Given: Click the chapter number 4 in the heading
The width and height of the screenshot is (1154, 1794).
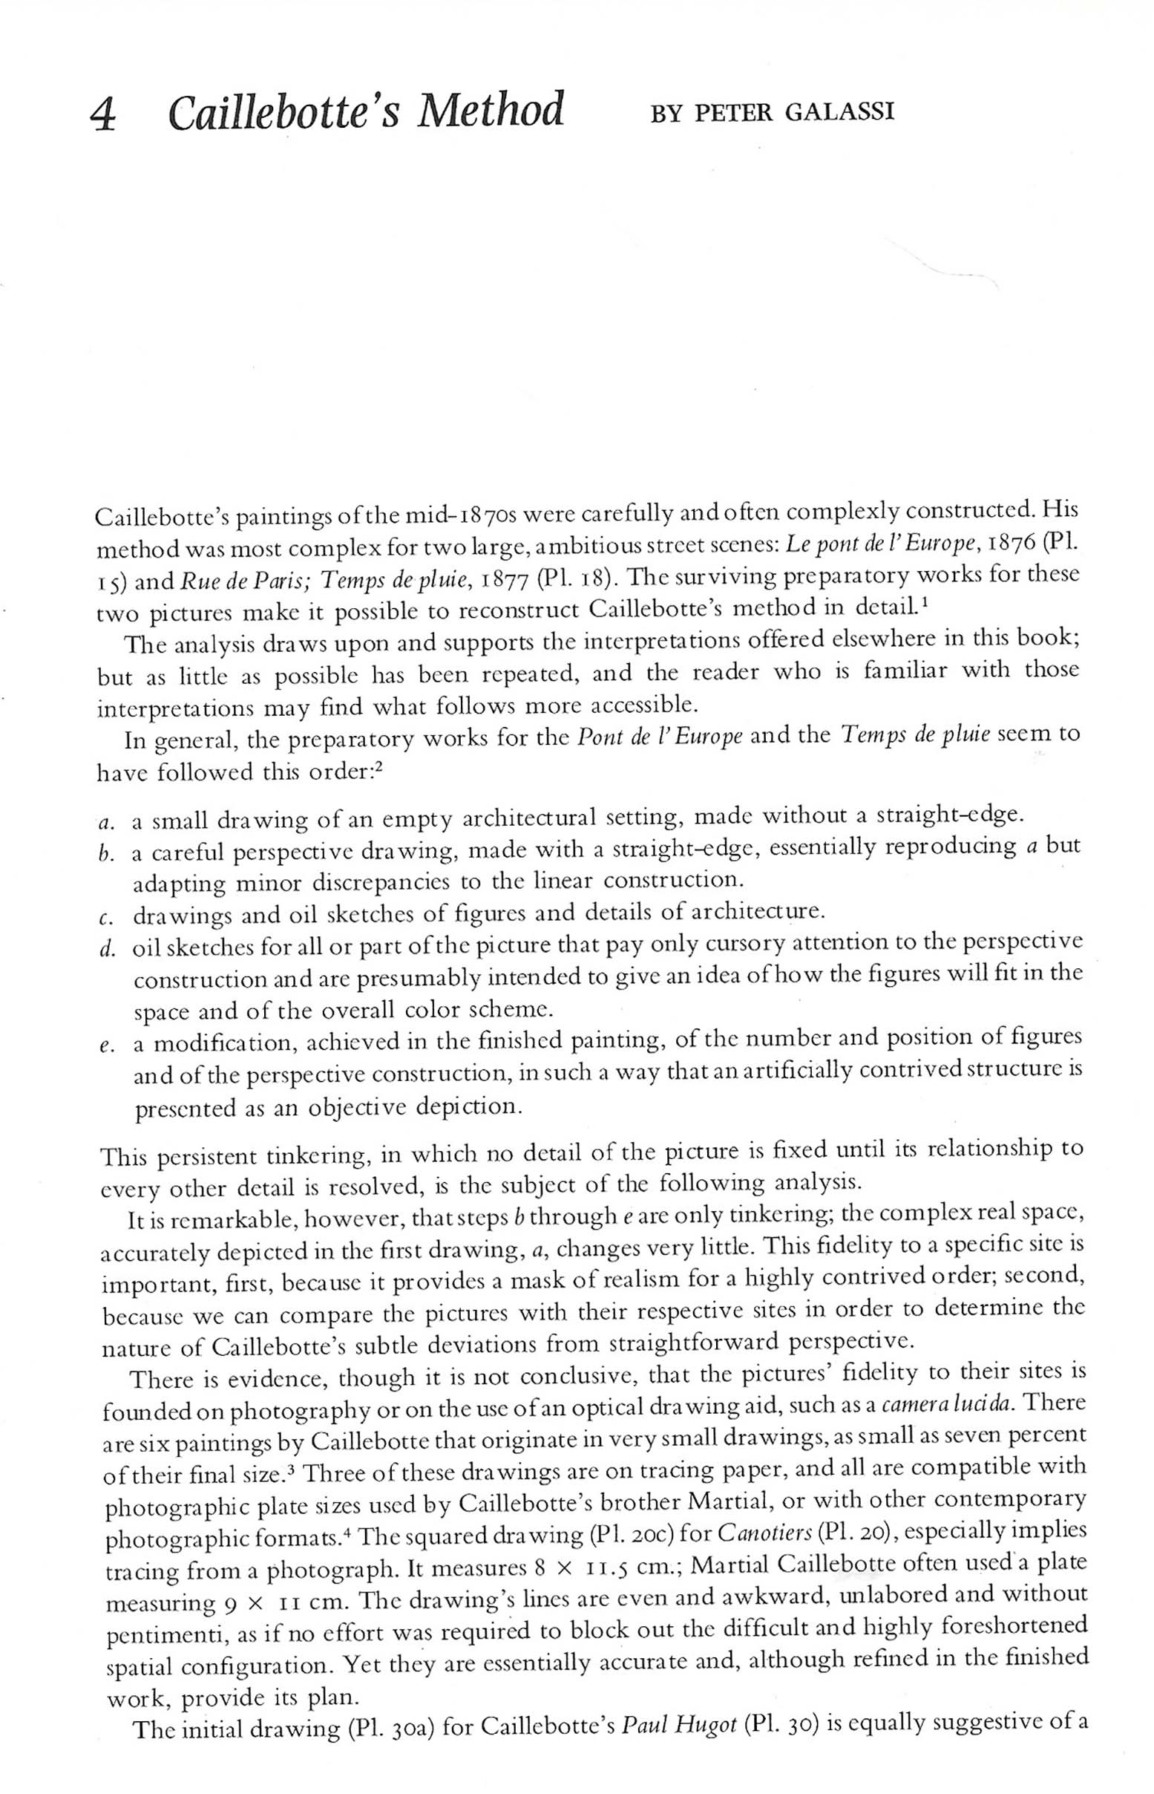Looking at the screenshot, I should click(104, 115).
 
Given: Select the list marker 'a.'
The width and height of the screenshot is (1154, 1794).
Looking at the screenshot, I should click(106, 823).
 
